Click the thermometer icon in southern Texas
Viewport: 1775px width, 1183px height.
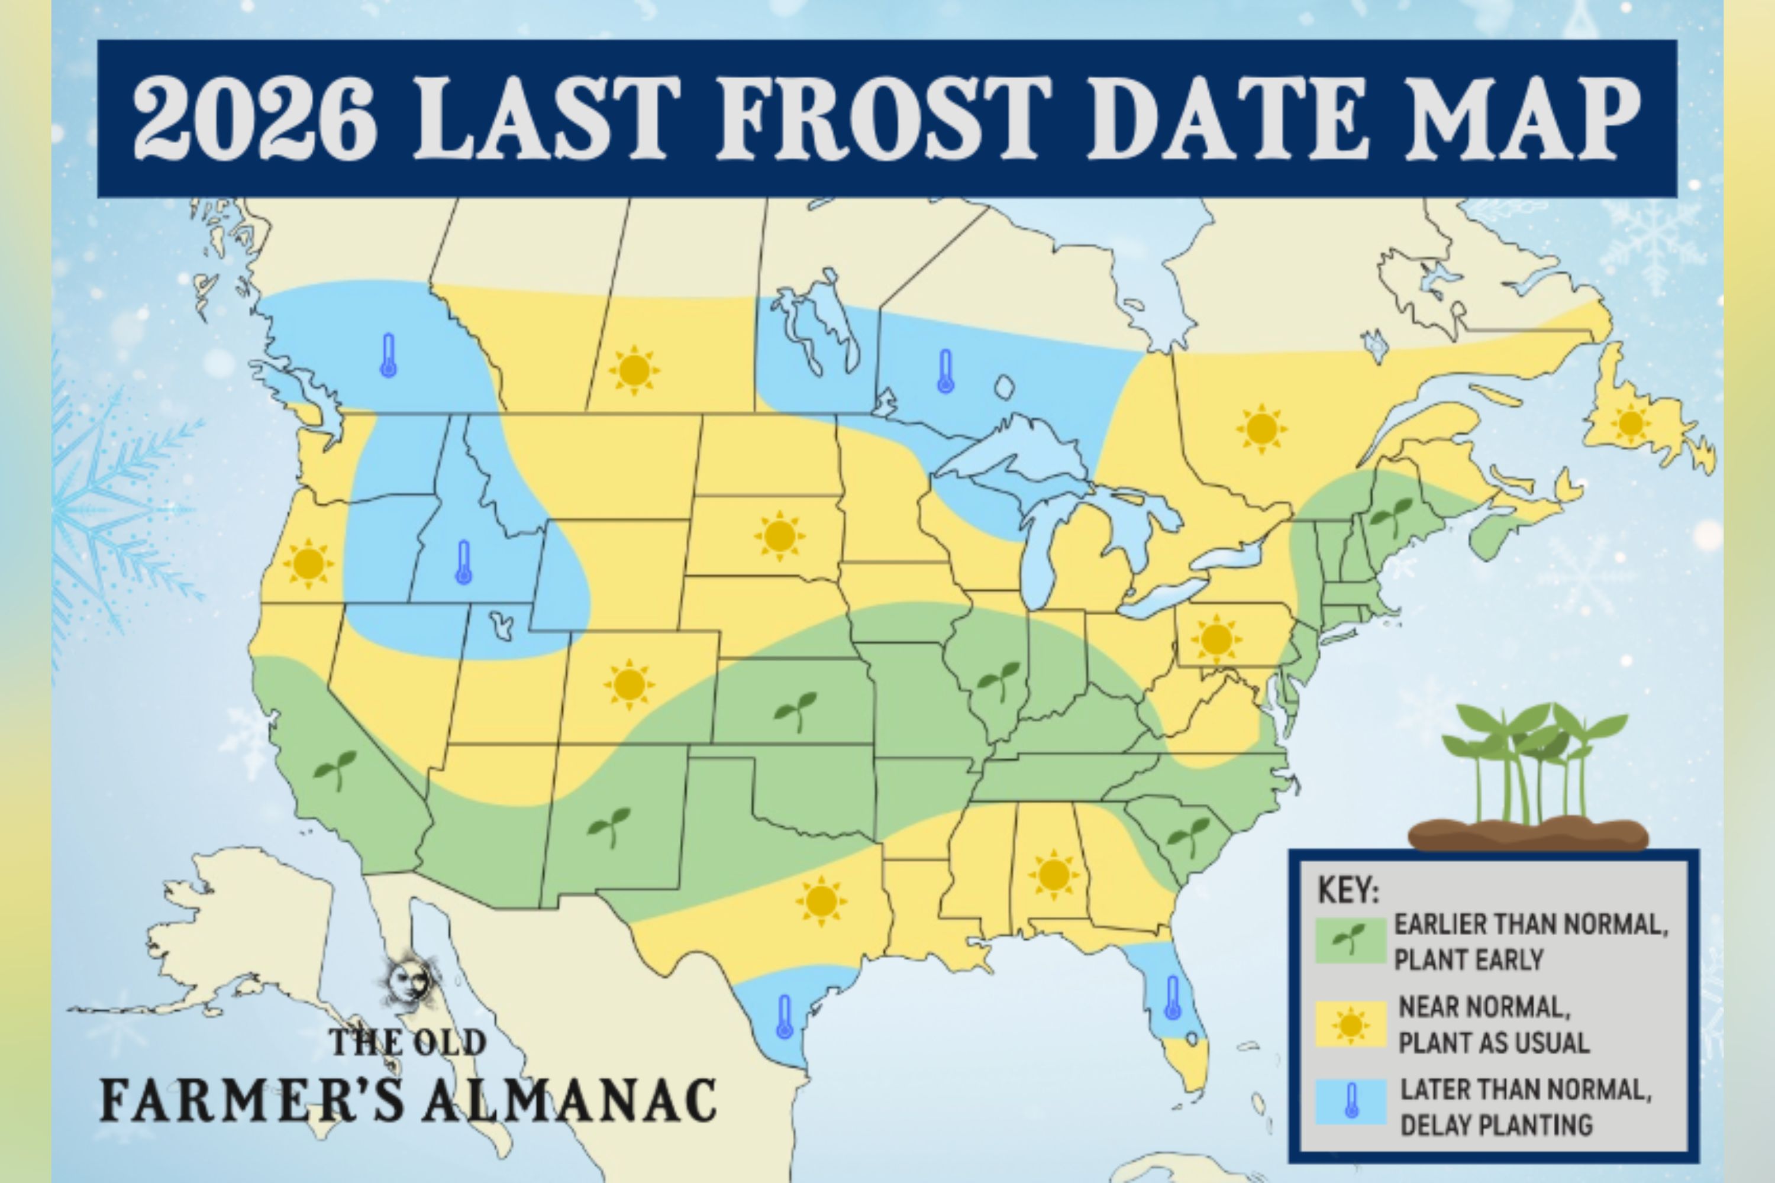(784, 1017)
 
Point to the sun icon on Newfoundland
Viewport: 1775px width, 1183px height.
(1631, 422)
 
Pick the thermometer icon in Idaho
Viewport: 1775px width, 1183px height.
(463, 562)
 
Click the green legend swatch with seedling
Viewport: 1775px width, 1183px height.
(1350, 940)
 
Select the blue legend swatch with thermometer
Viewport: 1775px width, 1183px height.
(1350, 1101)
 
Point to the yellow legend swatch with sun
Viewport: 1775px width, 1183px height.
(1350, 1024)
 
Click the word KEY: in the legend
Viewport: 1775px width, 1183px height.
(1348, 890)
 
